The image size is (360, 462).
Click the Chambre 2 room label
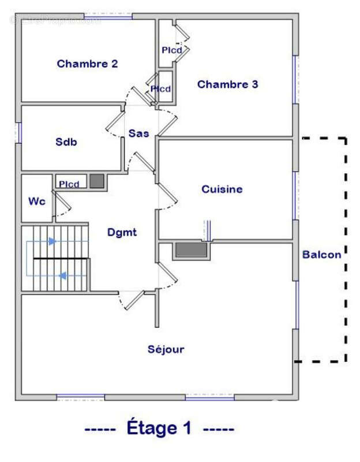[87, 64]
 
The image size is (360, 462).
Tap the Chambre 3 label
[227, 85]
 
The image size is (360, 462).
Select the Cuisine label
[222, 189]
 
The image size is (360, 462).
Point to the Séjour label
[166, 349]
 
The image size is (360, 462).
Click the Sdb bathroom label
[66, 142]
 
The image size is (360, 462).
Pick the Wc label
[37, 202]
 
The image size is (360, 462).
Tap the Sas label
[138, 133]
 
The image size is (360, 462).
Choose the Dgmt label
[122, 233]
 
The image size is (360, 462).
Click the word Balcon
[321, 254]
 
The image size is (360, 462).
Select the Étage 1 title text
[159, 429]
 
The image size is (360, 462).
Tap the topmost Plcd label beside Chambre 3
[171, 50]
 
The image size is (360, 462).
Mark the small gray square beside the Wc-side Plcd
[97, 181]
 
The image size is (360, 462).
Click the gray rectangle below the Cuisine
[191, 250]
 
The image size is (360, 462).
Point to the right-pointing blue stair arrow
[52, 241]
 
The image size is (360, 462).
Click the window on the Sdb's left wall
[18, 132]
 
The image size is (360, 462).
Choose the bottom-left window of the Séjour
[80, 397]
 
